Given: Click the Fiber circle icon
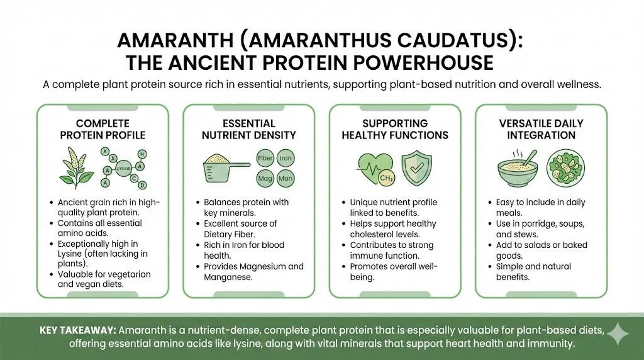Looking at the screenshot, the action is point(265,158).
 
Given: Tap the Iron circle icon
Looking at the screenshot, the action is point(286,158).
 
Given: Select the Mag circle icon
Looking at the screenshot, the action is point(265,178).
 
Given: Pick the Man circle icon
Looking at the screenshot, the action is point(286,178).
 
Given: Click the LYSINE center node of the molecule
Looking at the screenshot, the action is point(123,169).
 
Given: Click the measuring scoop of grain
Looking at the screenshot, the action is point(226,167).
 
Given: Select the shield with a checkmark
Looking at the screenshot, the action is point(416,168).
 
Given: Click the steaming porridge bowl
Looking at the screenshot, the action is point(518,169).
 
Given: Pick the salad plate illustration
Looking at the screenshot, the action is point(565,169).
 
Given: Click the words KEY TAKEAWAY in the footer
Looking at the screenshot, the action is point(78,330).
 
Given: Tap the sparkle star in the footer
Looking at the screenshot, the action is point(617,334).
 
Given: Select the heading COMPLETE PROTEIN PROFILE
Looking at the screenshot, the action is point(103,130).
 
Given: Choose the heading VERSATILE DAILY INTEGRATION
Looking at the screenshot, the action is point(541,130).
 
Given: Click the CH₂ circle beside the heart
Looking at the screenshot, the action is point(387,178).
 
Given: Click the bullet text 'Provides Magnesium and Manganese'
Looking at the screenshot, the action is point(254,272).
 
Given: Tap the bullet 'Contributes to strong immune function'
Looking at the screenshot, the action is point(391,250).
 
